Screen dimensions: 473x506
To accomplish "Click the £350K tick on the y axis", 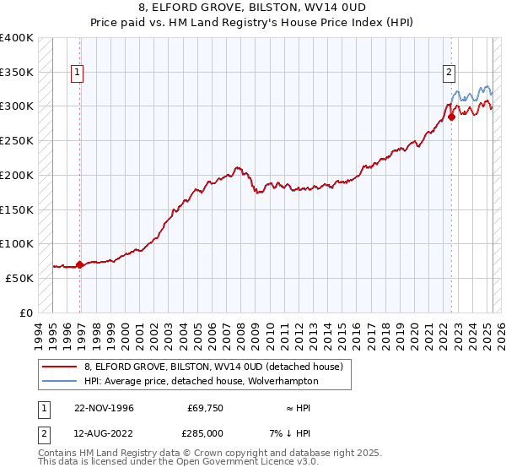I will pos(17,72).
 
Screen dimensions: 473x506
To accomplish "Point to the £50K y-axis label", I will pos(19,278).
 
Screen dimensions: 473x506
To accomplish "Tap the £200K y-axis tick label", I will pos(17,175).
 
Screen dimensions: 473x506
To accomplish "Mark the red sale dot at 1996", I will pos(80,264).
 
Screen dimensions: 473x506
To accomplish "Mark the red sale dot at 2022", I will pos(451,117).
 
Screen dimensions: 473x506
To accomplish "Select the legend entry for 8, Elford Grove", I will pos(213,367).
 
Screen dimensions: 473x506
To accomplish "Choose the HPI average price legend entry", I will pos(201,382).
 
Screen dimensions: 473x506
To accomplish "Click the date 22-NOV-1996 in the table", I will pos(104,408).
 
